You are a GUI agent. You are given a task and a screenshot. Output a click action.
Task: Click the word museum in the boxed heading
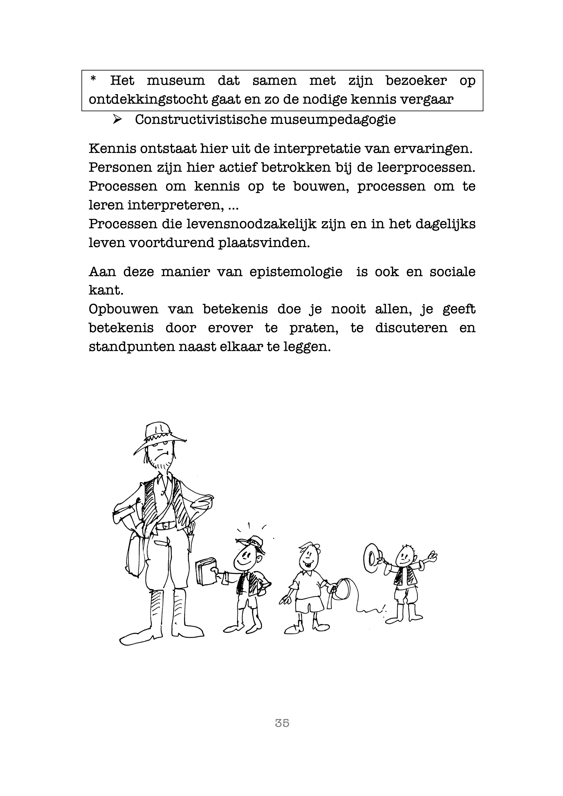(x=176, y=81)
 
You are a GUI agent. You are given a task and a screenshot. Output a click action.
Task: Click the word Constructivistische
(x=200, y=120)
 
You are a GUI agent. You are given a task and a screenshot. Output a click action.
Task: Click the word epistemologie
(x=295, y=272)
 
